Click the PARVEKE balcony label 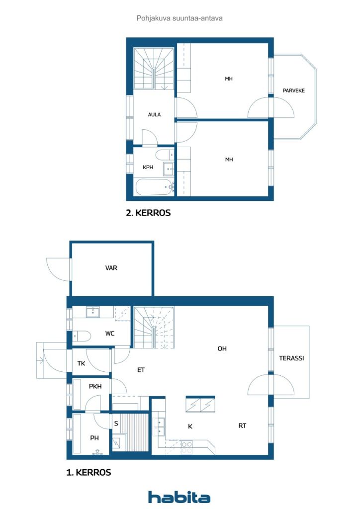coord(293,90)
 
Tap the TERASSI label coord(291,358)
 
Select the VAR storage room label coord(111,268)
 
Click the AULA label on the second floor coord(154,115)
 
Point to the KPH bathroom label coord(148,167)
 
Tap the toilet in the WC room coord(81,336)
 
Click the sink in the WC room coord(93,312)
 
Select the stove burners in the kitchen coord(186,447)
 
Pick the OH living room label coord(222,348)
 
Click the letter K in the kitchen coord(190,426)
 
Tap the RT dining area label coord(242,425)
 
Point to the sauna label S coord(116,424)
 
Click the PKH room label coord(95,386)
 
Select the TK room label coord(81,363)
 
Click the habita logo coord(179,497)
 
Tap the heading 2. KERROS coord(148,213)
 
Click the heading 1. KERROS coord(89,472)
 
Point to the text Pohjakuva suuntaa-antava coord(180,18)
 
